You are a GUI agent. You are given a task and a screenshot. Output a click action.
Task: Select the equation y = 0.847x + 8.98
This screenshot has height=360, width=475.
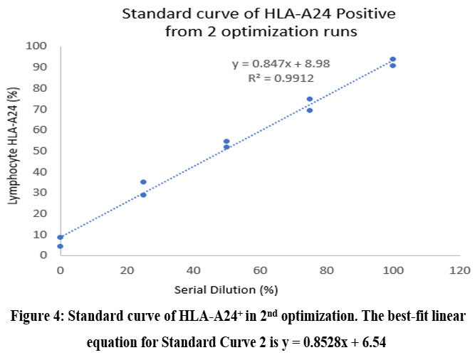[281, 64]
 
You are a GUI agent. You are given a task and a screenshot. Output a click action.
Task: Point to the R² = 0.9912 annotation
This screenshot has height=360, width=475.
[281, 78]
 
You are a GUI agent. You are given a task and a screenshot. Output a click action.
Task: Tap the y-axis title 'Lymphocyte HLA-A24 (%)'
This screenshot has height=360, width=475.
[14, 151]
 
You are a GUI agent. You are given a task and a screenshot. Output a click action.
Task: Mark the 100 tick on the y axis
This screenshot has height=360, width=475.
[36, 46]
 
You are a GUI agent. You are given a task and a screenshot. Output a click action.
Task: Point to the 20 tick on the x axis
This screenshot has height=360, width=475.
[127, 270]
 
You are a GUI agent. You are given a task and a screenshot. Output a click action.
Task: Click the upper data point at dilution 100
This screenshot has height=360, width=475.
[392, 59]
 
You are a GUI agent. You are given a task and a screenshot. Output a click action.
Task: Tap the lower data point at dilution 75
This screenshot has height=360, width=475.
[310, 110]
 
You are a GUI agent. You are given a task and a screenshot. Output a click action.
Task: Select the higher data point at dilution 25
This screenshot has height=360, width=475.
[143, 182]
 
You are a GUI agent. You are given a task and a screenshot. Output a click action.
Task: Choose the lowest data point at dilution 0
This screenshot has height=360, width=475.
[61, 246]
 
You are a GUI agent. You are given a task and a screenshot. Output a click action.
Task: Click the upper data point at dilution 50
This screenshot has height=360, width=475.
[226, 142]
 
